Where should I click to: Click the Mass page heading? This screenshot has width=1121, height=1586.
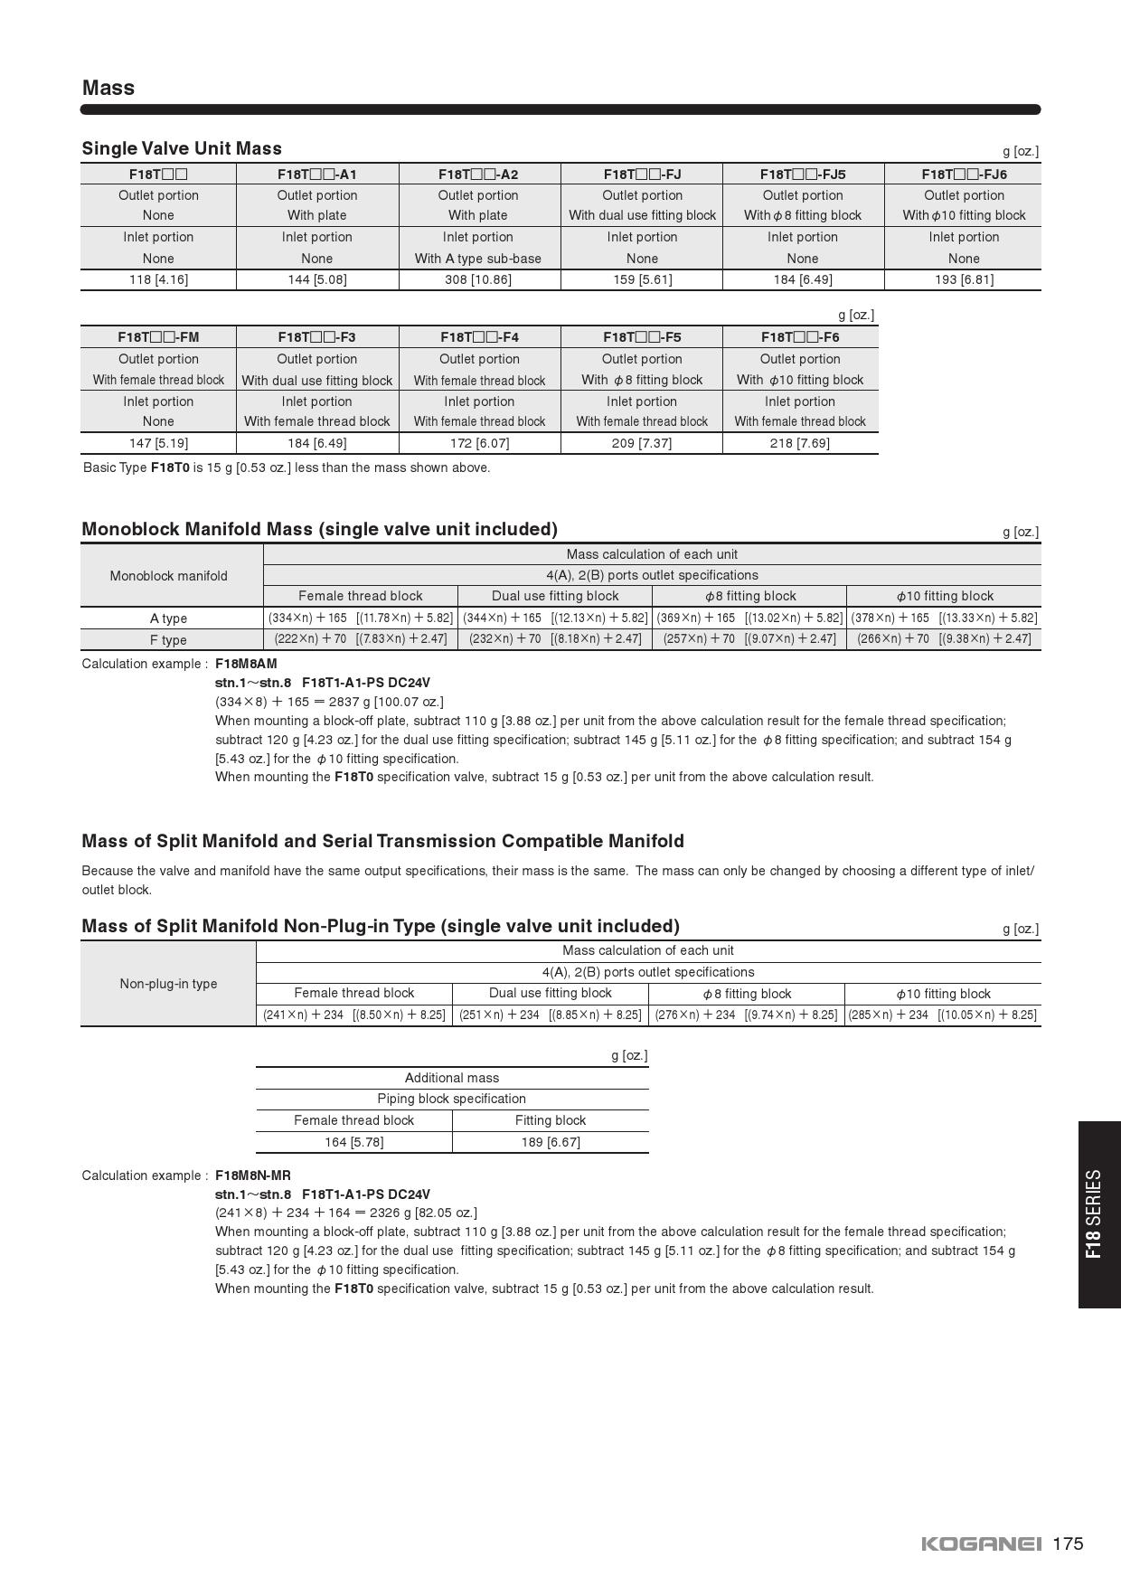pos(108,88)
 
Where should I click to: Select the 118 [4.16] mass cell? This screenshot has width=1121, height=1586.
pos(158,279)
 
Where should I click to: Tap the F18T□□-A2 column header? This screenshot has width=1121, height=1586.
pos(478,174)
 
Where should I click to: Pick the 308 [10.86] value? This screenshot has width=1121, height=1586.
pos(478,279)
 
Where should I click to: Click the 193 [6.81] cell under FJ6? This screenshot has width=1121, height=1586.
pos(964,279)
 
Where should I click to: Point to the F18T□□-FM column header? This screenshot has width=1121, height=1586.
pos(158,337)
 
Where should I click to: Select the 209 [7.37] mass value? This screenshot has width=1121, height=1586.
pos(642,443)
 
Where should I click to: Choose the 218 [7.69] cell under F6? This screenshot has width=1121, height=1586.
pos(800,443)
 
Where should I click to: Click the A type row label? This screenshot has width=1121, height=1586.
pos(169,618)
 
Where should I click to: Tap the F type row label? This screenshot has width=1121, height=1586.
pos(169,640)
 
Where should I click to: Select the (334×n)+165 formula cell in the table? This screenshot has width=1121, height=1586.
pos(361,618)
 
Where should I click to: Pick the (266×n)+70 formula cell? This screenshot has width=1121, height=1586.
pos(944,638)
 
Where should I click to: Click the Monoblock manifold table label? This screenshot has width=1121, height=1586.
pos(169,576)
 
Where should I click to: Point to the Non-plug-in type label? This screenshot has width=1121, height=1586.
pos(169,984)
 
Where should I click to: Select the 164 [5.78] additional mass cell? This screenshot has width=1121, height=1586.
pos(353,1142)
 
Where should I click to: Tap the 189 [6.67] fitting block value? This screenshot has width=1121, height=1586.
pos(551,1142)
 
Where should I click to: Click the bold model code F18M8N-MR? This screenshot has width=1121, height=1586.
pos(253,1175)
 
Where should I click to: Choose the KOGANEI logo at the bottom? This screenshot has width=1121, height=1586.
pos(981,1544)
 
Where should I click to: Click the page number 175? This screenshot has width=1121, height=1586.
pos(1068,1544)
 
